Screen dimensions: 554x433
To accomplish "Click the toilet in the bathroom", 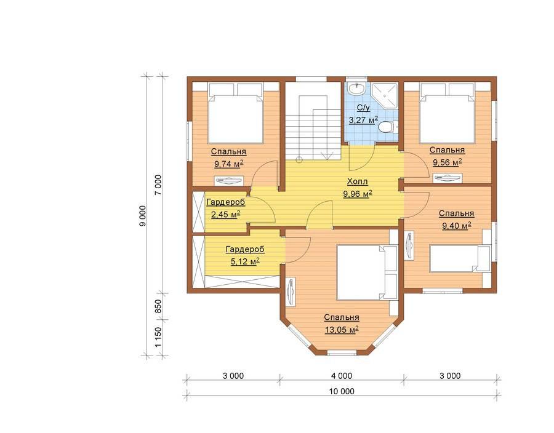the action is click(388, 126).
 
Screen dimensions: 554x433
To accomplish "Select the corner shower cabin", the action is click(385, 95).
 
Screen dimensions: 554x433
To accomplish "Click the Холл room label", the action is click(358, 181).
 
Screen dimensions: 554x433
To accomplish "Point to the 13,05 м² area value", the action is click(342, 330).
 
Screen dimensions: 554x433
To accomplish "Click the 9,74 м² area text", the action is click(228, 164).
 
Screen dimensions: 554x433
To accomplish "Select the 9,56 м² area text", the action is click(448, 162).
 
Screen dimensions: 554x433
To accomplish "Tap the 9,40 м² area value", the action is click(457, 226).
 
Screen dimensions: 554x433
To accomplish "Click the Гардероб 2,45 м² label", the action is click(225, 209).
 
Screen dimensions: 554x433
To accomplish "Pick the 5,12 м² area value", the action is click(245, 261).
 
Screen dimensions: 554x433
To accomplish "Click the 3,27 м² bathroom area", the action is click(363, 121).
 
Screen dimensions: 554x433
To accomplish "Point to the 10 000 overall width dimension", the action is click(342, 391).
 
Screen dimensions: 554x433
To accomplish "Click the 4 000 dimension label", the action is click(342, 376).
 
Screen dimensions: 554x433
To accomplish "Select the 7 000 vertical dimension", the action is click(158, 185).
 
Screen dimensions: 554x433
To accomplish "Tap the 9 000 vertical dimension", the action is click(142, 216).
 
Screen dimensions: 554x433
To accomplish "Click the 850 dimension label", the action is click(158, 306).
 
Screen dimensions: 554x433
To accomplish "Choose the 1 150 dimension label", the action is click(158, 338).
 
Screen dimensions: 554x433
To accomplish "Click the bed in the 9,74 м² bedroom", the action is click(236, 113).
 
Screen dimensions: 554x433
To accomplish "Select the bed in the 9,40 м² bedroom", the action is click(460, 259).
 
